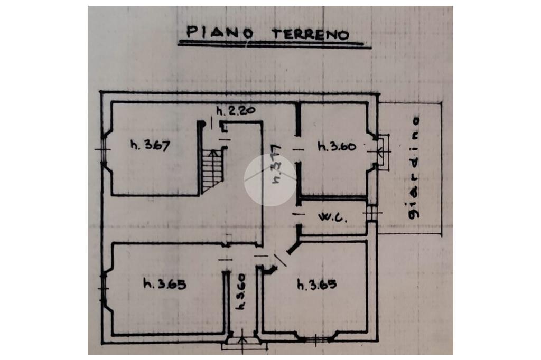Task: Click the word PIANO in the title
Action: tap(216, 32)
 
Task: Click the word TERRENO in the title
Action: tap(310, 34)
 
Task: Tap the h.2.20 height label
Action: tap(236, 111)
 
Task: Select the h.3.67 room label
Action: tap(150, 146)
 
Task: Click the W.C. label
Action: tap(332, 217)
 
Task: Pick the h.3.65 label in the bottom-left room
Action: tap(164, 284)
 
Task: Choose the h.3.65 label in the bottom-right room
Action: tap(316, 285)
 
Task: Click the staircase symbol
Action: tap(212, 169)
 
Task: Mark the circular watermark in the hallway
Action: tap(270, 180)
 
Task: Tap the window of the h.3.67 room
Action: tap(103, 149)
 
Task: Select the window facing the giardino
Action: tap(382, 151)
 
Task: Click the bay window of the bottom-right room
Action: tap(316, 338)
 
